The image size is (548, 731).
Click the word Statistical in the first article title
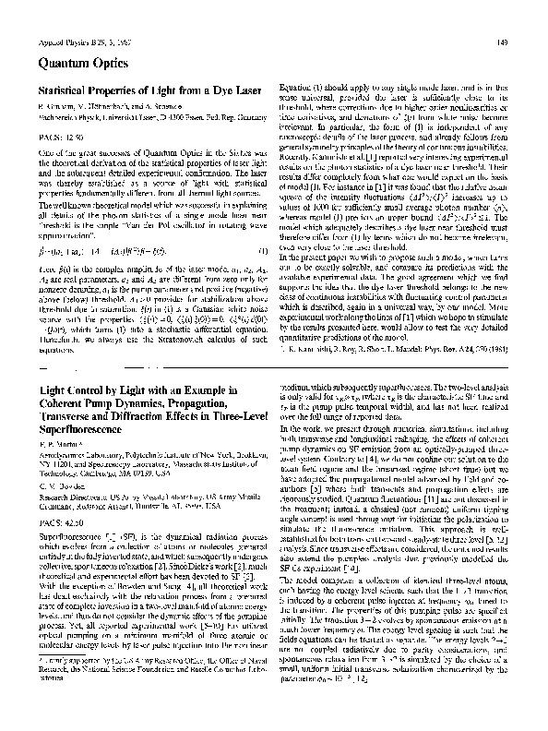65,92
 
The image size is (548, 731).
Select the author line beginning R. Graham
102,109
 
